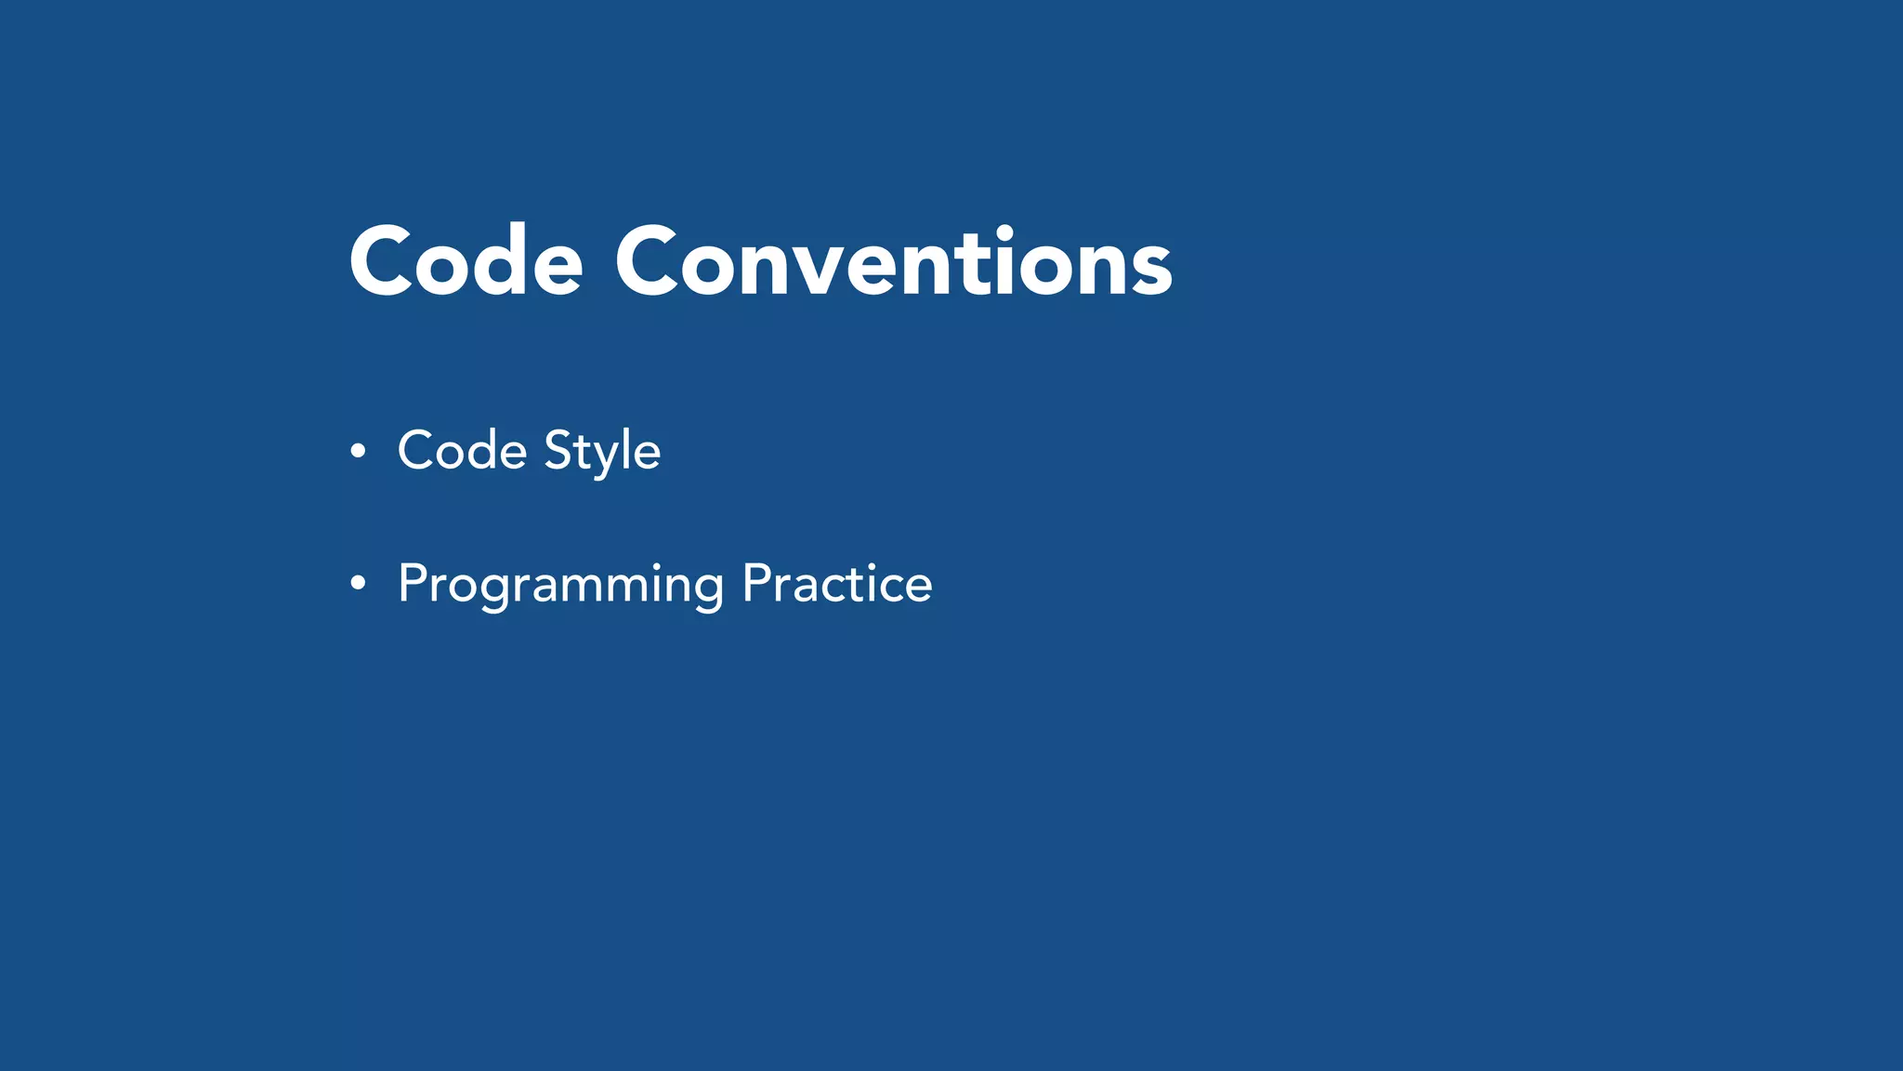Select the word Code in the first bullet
(462, 451)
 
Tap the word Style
(602, 453)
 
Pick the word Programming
(560, 585)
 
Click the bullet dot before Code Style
(358, 452)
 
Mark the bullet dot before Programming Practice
(358, 585)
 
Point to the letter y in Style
(606, 457)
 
